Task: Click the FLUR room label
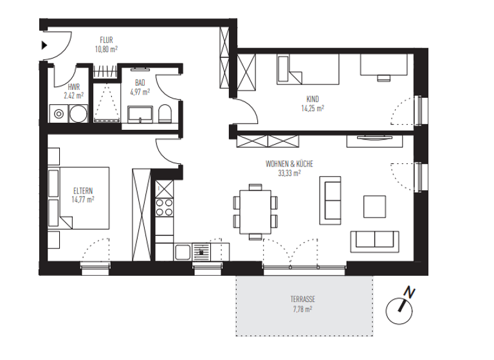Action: coord(106,40)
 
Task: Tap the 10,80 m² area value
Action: coord(106,49)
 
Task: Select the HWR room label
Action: coord(73,87)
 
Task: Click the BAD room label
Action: coord(140,83)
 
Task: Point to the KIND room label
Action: coord(313,100)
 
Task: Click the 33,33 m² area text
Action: coord(289,173)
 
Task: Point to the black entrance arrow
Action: coord(44,45)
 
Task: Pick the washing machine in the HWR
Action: coord(59,114)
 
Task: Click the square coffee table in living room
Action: coord(374,206)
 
